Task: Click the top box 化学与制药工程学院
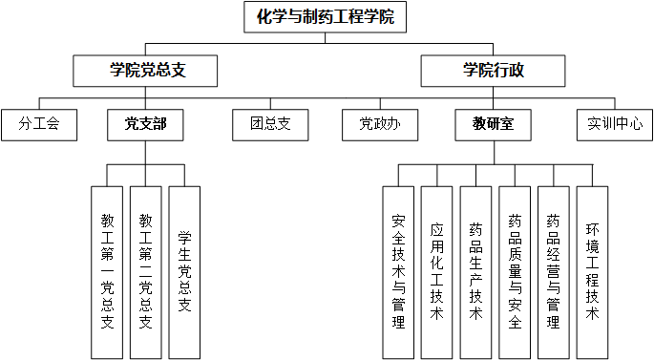point(326,16)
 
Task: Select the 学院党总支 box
point(145,70)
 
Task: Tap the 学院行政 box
point(493,70)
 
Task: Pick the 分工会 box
point(38,123)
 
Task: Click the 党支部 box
point(145,123)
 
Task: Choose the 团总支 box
point(270,123)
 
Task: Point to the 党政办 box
point(379,123)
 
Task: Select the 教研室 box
point(493,123)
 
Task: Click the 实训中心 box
point(614,123)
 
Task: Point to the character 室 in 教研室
point(508,123)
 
